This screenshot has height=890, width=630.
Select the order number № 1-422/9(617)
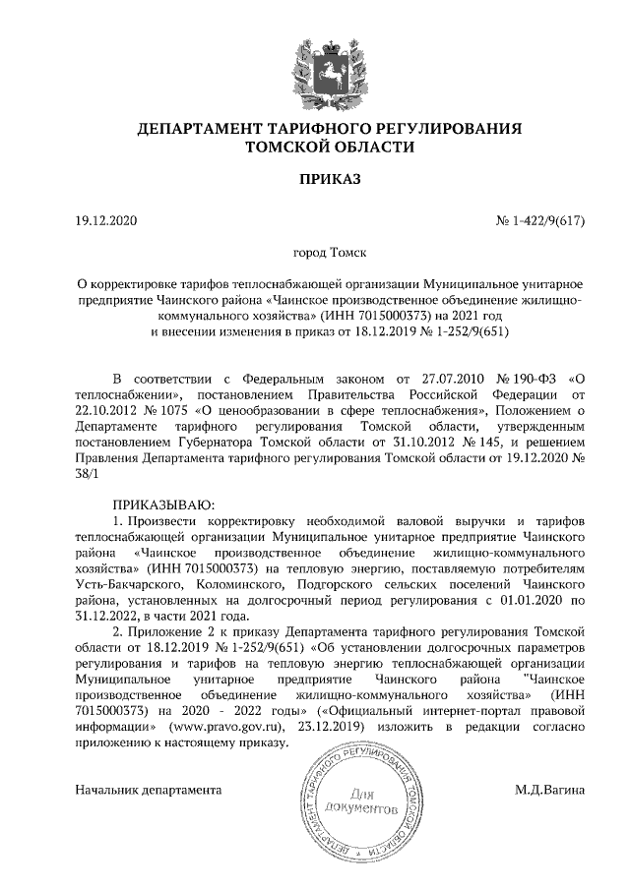[540, 219]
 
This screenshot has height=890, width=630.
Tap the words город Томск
[315, 253]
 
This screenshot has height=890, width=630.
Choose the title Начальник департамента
[149, 790]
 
